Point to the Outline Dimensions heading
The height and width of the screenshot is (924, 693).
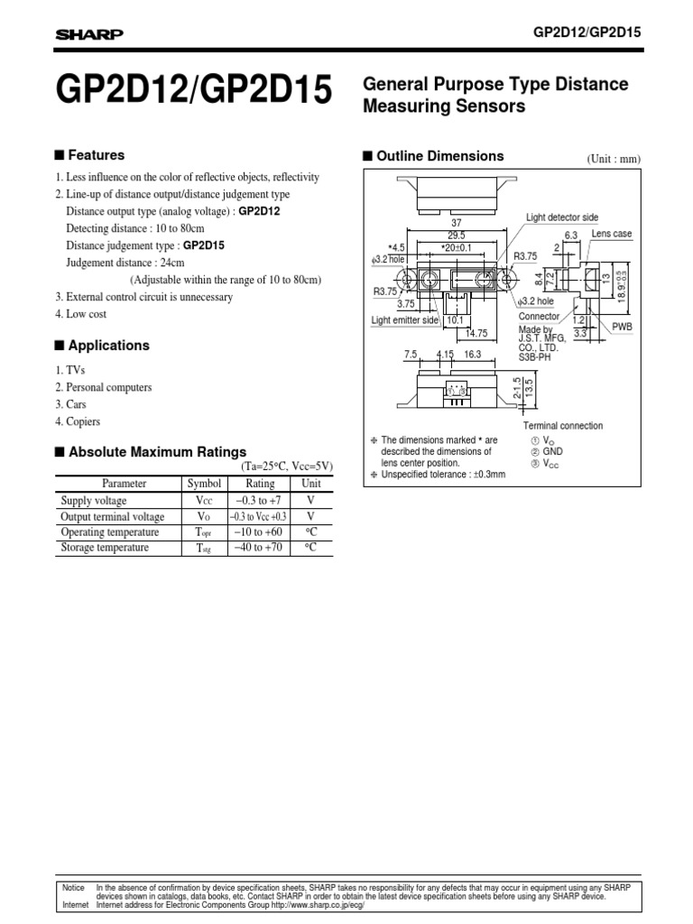[x=439, y=156]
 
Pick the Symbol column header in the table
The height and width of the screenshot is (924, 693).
[x=198, y=484]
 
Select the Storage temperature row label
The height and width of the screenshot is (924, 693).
[x=105, y=547]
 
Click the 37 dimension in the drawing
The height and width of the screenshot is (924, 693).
[x=456, y=222]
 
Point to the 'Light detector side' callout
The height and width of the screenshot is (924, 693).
[x=561, y=217]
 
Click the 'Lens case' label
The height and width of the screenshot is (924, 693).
[x=612, y=234]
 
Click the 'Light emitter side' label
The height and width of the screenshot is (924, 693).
[x=405, y=320]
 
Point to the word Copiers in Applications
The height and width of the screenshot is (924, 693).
[x=83, y=421]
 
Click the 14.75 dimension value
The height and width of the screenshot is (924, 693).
[x=476, y=332]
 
